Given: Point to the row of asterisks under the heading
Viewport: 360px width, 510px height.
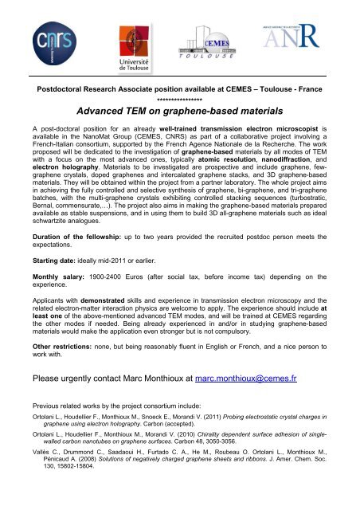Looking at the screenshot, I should tap(180, 102).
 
